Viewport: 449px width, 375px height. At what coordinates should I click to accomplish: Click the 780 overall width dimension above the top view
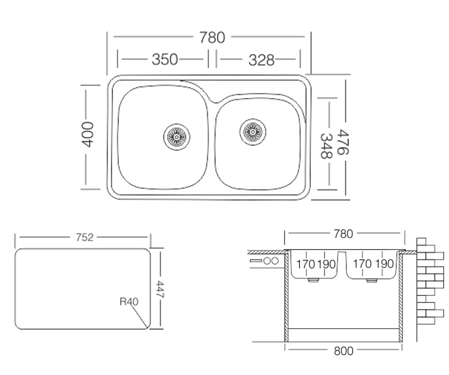212,37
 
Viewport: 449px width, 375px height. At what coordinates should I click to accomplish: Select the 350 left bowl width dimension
165,60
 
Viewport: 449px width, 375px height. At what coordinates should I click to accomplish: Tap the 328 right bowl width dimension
261,60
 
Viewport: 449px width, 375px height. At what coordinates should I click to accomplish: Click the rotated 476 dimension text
343,142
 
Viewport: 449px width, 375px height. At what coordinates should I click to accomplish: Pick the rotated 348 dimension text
326,146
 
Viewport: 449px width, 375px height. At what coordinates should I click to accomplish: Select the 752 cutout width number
85,237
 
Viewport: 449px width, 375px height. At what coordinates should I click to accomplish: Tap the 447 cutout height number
160,289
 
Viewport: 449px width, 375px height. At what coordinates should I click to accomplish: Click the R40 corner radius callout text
129,301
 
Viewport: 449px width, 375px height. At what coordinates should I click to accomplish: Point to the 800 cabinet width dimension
343,351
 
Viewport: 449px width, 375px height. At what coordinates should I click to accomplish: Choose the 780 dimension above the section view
343,234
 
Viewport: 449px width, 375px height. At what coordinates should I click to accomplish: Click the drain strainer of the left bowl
177,137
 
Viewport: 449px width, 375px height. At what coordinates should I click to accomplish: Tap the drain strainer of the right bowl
253,132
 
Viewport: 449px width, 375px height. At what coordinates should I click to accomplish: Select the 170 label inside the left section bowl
306,264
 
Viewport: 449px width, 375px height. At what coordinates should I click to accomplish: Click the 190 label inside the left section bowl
326,264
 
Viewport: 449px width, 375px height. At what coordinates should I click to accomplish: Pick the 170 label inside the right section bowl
362,264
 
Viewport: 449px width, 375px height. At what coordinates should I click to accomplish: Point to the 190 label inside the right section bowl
385,264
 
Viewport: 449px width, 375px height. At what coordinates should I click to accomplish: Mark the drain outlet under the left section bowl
313,280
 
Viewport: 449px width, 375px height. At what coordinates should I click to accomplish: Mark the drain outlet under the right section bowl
372,280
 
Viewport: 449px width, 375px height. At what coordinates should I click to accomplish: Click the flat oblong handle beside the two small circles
256,261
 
